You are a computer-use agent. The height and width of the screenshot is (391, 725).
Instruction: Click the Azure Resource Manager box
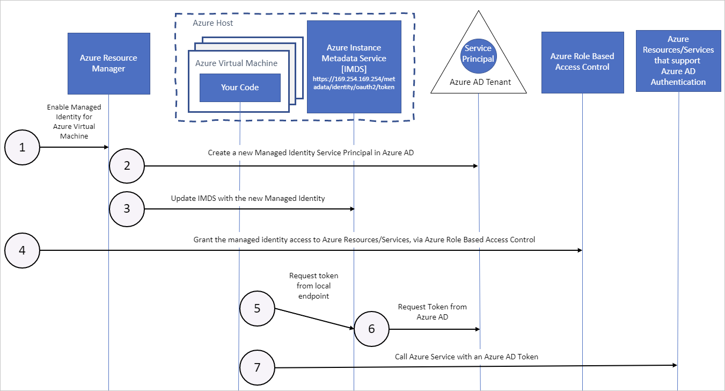[109, 63]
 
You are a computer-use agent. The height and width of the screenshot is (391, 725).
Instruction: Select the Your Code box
[240, 88]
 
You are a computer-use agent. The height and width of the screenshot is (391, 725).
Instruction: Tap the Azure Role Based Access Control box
[582, 62]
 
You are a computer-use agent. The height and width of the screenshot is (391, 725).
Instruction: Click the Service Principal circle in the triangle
[478, 54]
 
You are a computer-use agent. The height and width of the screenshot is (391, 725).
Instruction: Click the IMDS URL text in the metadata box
[354, 83]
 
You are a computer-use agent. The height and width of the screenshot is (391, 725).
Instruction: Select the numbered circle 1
[22, 147]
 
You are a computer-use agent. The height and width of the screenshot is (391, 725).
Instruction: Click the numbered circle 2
[127, 166]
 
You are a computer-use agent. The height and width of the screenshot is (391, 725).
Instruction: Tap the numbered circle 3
[127, 208]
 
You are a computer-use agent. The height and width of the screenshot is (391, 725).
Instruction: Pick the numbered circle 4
[22, 250]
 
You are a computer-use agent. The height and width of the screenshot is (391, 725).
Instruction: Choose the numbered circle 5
[257, 308]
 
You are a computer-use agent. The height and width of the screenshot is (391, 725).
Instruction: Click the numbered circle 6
[371, 329]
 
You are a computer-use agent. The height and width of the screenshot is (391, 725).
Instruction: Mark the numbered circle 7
[257, 367]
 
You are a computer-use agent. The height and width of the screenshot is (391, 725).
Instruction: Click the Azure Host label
[213, 23]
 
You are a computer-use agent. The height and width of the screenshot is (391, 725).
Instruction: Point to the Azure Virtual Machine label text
[236, 63]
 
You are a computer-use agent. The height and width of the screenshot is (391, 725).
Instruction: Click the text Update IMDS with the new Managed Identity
[248, 198]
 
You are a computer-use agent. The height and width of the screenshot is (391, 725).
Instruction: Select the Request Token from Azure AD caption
[432, 312]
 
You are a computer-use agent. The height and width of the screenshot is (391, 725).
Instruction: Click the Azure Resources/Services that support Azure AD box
[678, 61]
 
